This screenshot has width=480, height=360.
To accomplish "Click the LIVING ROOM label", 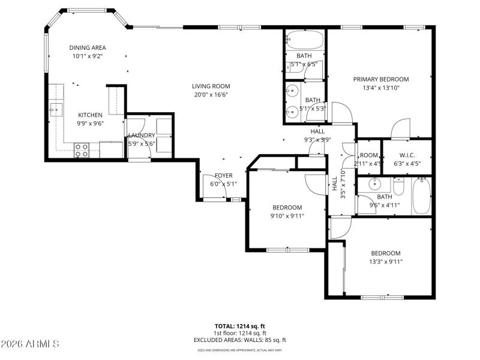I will (211, 86).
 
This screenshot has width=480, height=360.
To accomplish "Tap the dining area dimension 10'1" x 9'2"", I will (88, 56).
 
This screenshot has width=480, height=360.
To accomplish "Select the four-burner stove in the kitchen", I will (82, 150).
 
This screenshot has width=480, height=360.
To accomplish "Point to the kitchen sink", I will (56, 108).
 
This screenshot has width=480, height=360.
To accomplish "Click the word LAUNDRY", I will (142, 136).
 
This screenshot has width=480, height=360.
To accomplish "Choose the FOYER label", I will (223, 176).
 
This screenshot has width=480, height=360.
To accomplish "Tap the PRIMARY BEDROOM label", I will (380, 79).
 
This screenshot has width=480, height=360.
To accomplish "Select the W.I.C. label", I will (407, 155).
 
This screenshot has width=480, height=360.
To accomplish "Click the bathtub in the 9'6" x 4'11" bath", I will (422, 196).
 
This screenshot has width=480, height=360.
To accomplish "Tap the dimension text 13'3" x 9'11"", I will (385, 261).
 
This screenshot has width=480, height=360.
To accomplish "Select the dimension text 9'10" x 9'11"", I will (287, 216).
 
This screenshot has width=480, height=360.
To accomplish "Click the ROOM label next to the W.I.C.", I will (368, 155).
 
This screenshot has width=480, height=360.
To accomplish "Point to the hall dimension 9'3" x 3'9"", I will (317, 140).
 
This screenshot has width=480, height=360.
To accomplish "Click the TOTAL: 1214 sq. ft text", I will (240, 325).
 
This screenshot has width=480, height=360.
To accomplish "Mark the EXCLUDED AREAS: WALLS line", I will (240, 340).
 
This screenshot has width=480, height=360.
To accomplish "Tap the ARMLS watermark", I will (30, 344).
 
